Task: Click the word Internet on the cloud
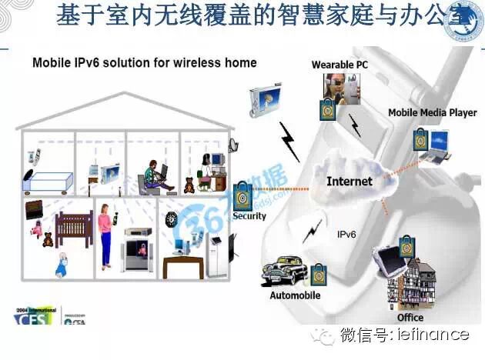349,182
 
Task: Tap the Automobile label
295,295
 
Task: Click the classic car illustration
284,271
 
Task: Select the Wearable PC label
339,65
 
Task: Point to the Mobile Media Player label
432,112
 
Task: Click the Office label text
410,317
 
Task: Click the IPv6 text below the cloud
348,233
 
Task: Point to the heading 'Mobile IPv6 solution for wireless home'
144,62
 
